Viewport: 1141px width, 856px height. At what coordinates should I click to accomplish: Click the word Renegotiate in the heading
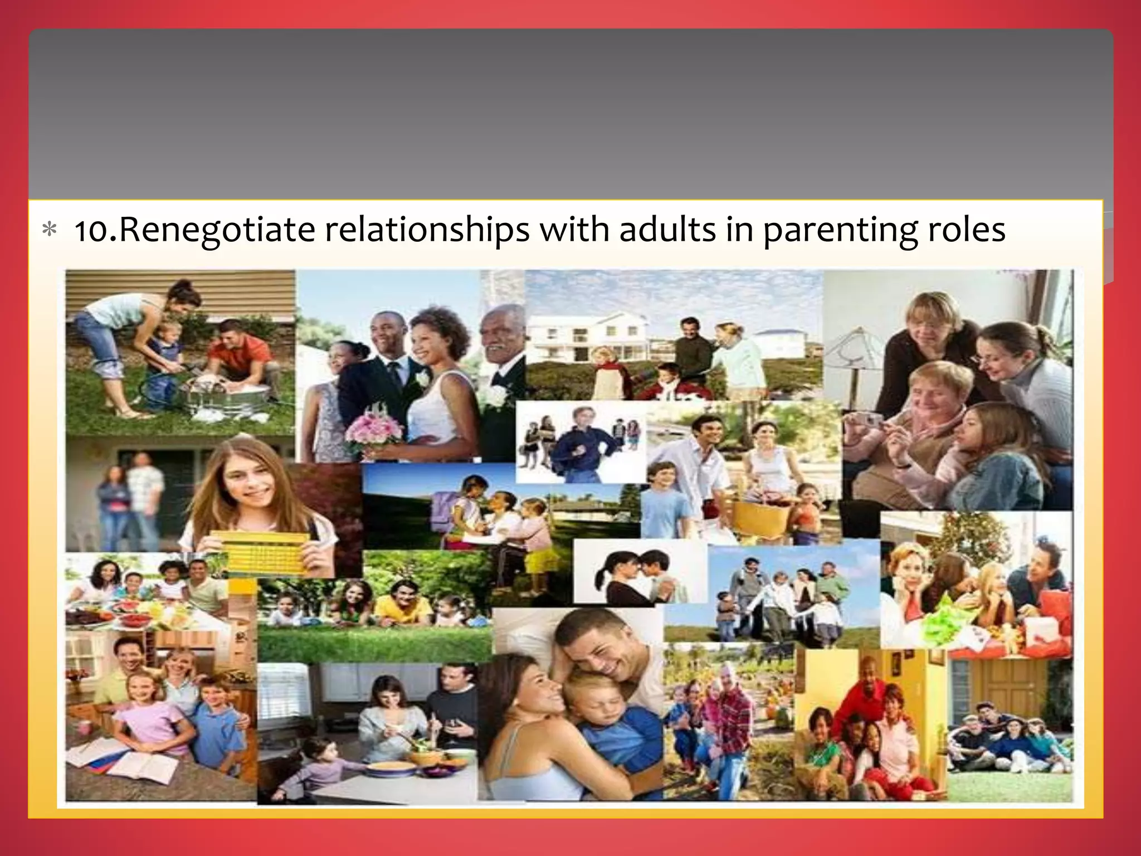(x=217, y=230)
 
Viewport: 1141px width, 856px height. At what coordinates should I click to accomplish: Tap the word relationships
(x=427, y=230)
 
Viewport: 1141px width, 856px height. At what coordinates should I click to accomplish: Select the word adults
(x=667, y=230)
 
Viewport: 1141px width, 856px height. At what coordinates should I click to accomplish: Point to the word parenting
(x=840, y=231)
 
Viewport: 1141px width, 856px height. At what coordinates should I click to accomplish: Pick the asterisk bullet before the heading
(x=50, y=230)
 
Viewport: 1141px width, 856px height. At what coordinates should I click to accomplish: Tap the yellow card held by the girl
(x=262, y=552)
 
